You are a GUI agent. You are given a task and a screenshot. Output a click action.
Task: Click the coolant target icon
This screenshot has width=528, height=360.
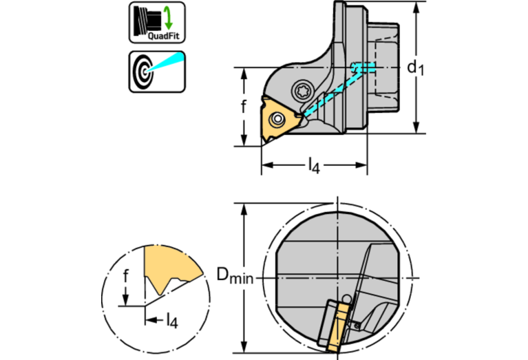[x=156, y=71]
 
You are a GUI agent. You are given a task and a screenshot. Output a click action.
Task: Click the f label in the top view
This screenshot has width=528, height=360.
[x=243, y=106]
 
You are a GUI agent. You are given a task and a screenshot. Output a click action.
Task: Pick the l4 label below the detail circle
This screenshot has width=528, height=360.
[x=172, y=319]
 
